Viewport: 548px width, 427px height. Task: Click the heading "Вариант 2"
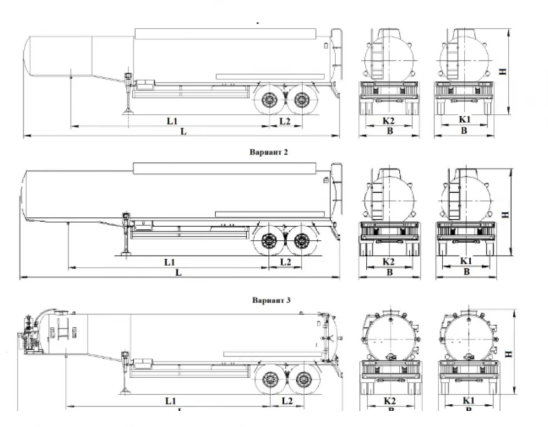click(x=269, y=152)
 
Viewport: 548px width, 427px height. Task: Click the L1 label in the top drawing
click(x=172, y=121)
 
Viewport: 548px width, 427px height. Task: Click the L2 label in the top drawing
click(x=285, y=121)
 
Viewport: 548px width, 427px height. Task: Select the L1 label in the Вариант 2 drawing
click(x=170, y=261)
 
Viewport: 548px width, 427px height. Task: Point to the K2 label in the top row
click(x=388, y=121)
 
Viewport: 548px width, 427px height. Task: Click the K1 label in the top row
click(x=465, y=121)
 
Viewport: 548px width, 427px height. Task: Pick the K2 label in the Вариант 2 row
click(x=389, y=261)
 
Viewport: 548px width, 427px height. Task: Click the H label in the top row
click(x=503, y=71)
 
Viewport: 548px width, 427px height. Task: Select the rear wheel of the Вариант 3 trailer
click(x=303, y=380)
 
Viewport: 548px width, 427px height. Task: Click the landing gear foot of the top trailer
click(x=129, y=110)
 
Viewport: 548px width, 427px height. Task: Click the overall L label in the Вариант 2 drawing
click(x=178, y=272)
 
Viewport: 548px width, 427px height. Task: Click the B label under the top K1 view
click(x=464, y=130)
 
